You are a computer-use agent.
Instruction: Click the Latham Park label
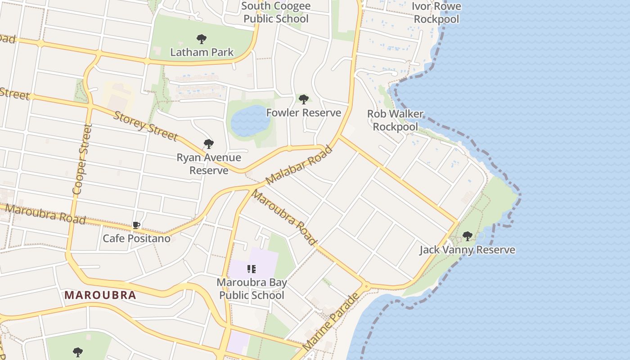pyautogui.click(x=202, y=52)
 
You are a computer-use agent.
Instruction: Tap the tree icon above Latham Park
pyautogui.click(x=202, y=39)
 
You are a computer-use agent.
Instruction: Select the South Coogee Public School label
pyautogui.click(x=275, y=13)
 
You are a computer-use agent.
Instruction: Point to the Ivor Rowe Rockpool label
pyautogui.click(x=436, y=13)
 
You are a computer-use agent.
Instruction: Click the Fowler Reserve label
pyautogui.click(x=304, y=112)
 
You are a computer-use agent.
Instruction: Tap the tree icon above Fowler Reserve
pyautogui.click(x=304, y=99)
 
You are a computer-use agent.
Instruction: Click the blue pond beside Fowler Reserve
pyautogui.click(x=250, y=121)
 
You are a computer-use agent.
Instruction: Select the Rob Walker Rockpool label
pyautogui.click(x=395, y=120)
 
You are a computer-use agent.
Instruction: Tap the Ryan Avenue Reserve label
pyautogui.click(x=209, y=164)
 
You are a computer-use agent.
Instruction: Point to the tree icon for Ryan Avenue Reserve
pyautogui.click(x=208, y=144)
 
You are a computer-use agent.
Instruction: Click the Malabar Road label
pyautogui.click(x=299, y=165)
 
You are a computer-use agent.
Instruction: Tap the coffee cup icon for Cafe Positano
pyautogui.click(x=136, y=225)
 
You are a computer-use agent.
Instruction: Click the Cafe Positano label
pyautogui.click(x=137, y=238)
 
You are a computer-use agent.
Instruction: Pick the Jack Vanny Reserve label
pyautogui.click(x=467, y=250)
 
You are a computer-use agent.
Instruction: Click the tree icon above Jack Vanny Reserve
pyautogui.click(x=468, y=236)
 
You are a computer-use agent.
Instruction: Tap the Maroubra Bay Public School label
pyautogui.click(x=252, y=289)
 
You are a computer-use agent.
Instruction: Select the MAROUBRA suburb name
pyautogui.click(x=100, y=295)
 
